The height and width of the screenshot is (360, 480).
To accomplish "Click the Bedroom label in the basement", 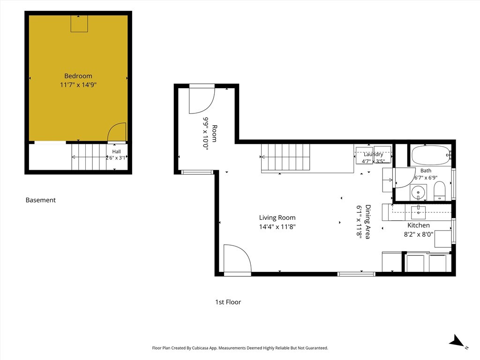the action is click(78, 76).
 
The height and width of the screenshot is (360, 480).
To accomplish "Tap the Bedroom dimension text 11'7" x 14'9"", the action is click(78, 85).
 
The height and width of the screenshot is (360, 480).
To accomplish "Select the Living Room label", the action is click(277, 217).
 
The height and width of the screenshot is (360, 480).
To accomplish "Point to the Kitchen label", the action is click(419, 225).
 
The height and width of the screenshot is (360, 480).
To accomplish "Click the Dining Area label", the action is click(368, 222).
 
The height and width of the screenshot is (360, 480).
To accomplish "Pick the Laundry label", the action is click(373, 154).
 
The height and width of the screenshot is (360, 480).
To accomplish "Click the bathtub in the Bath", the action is click(431, 155).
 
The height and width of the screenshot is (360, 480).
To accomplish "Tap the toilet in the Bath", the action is click(440, 191).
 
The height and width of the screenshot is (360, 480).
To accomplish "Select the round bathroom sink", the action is click(418, 193).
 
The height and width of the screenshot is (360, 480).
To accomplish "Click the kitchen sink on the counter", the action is click(418, 212).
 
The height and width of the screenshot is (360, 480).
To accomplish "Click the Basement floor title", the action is click(41, 200).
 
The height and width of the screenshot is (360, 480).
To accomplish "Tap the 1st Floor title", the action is click(228, 302).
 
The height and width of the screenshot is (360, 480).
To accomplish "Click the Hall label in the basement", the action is click(116, 151).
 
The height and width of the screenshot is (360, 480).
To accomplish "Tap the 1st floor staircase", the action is click(285, 157).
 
